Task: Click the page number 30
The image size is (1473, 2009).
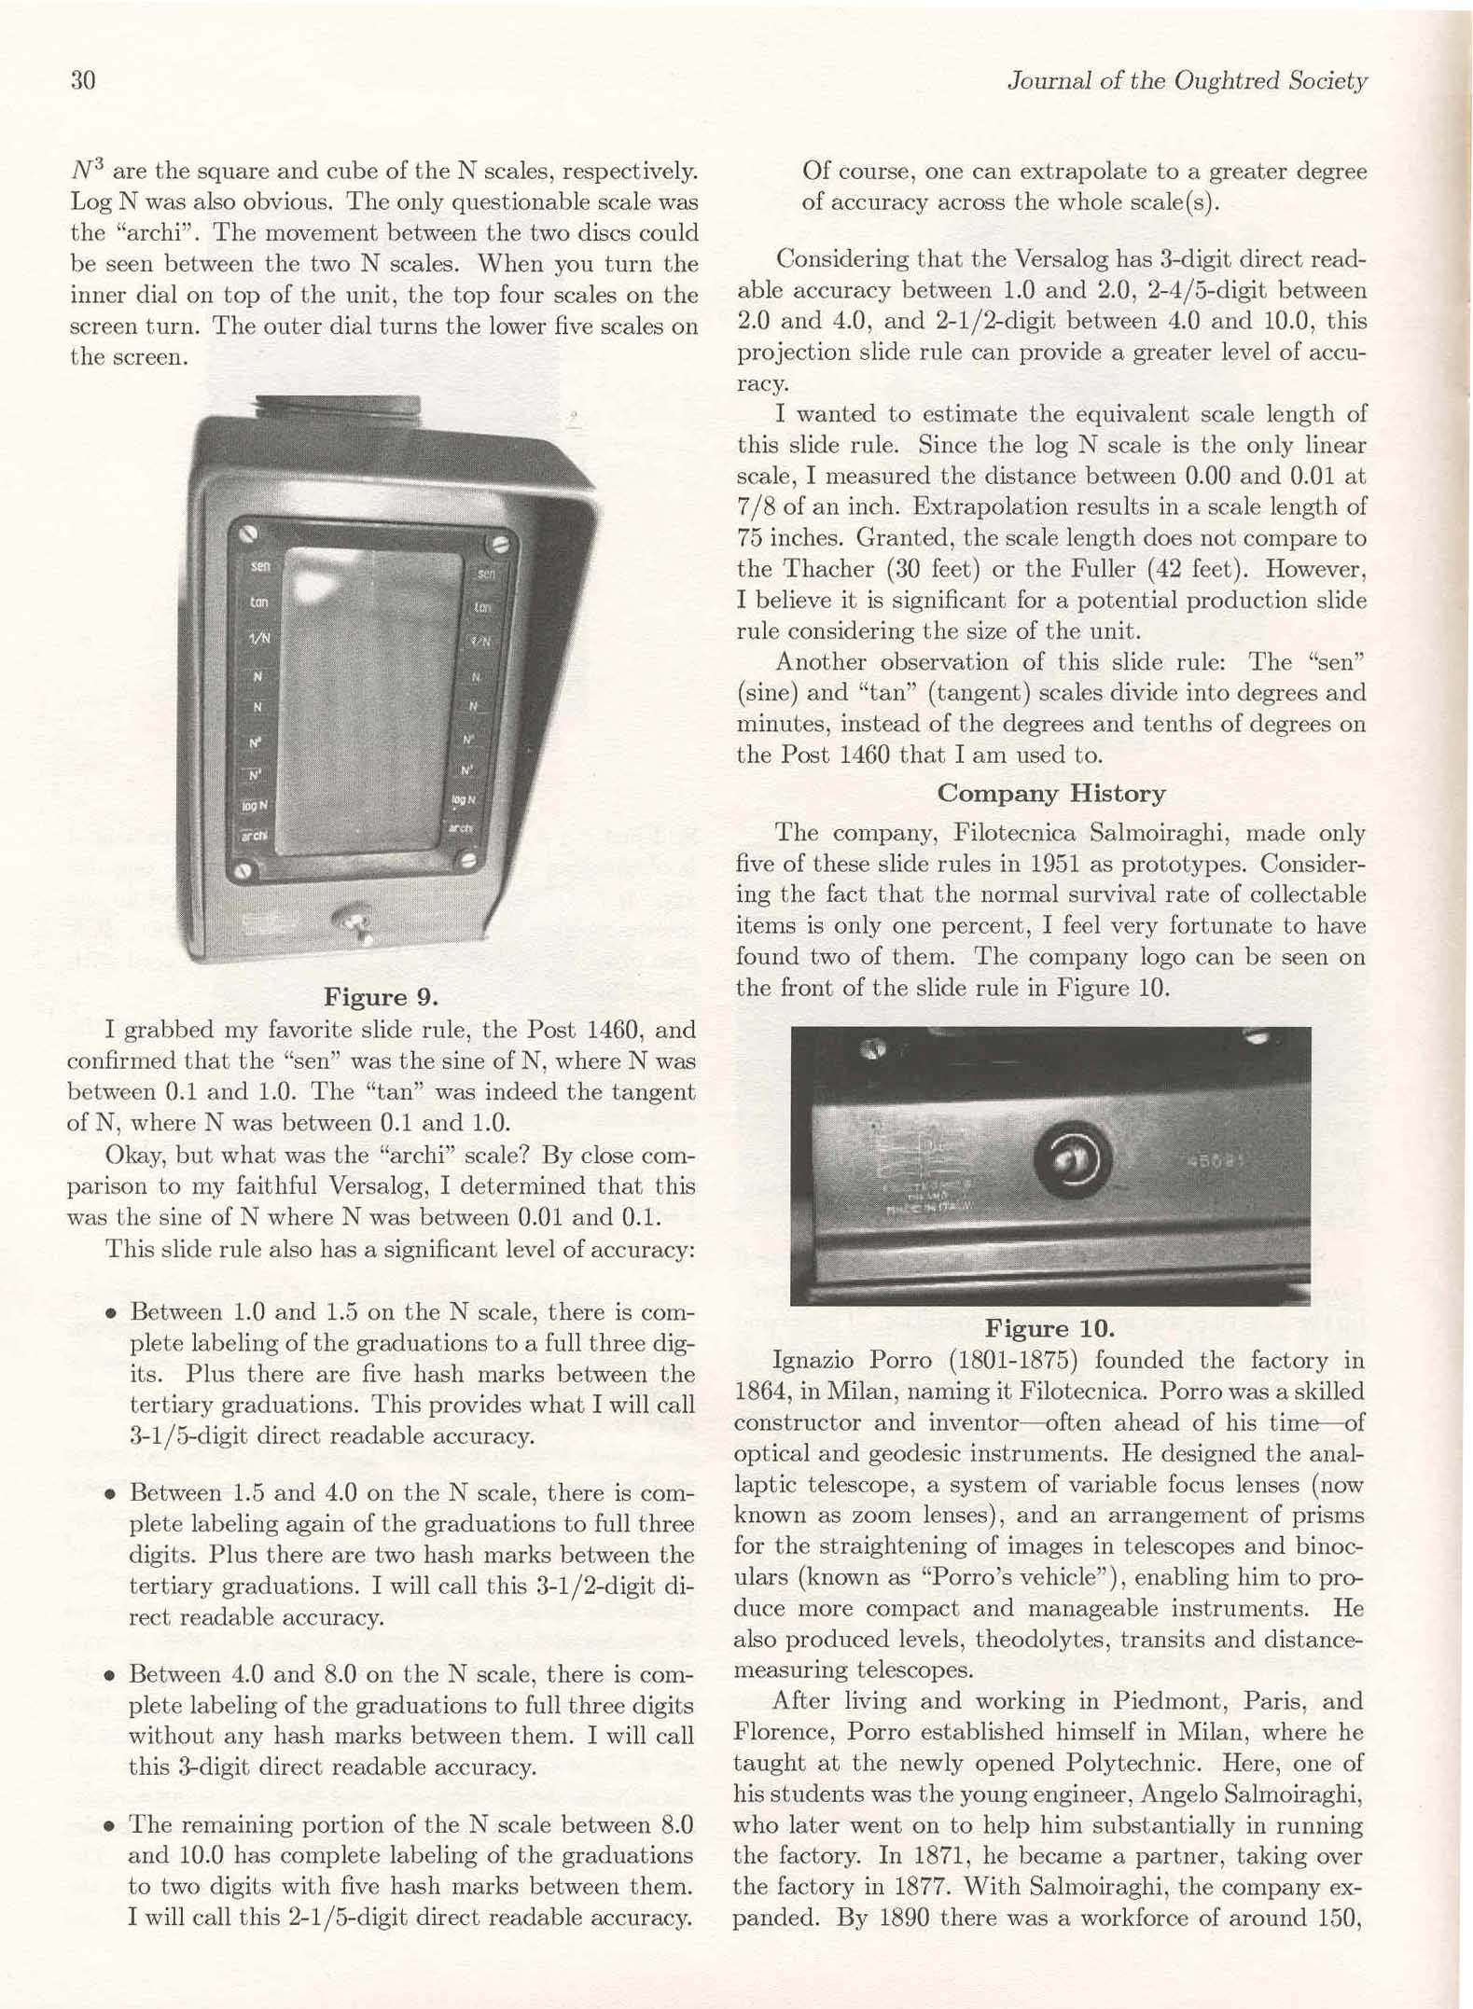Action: point(83,81)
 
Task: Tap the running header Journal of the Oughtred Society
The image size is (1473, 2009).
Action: point(1187,81)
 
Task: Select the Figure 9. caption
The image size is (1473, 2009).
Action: point(381,997)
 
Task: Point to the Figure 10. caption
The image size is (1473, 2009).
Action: point(1049,1328)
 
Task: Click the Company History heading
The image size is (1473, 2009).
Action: point(1050,794)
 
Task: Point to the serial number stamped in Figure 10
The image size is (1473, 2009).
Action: point(1215,1162)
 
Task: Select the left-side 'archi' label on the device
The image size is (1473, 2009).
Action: point(254,836)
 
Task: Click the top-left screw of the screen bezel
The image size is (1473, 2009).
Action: point(247,534)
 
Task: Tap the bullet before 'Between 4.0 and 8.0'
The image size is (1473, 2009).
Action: point(111,1676)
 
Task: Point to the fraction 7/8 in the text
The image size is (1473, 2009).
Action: point(755,507)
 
